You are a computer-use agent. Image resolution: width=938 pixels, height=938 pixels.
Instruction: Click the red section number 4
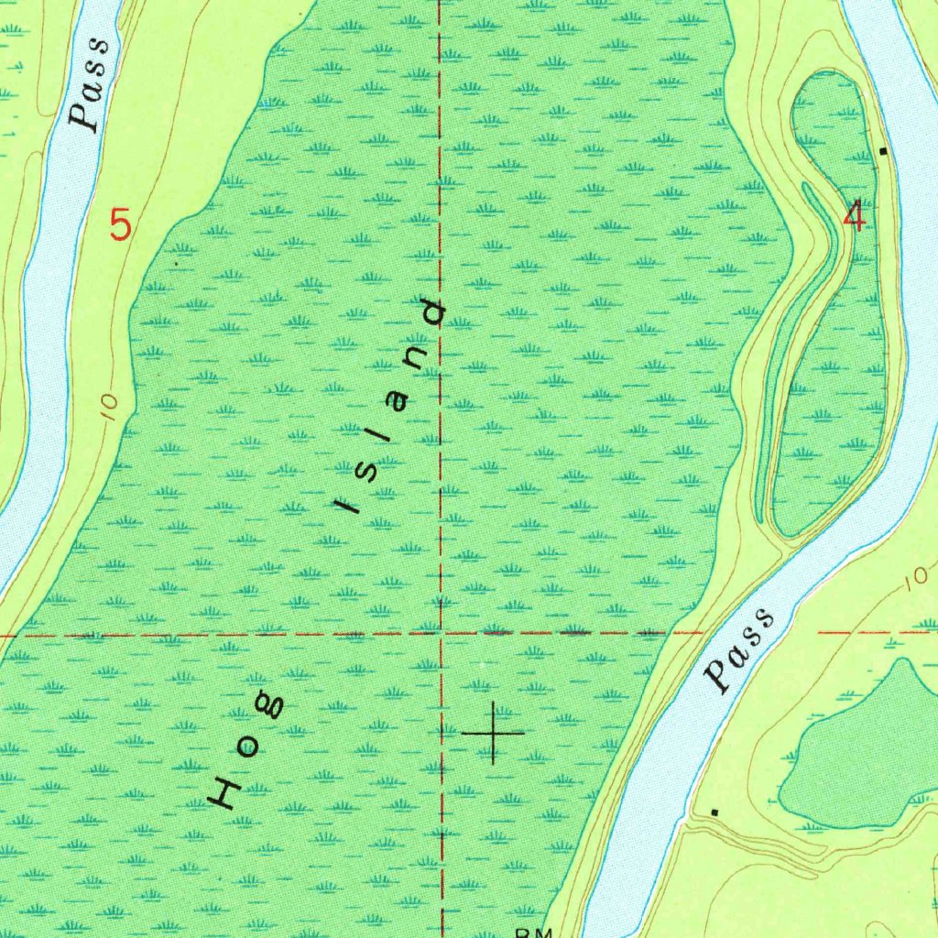pyautogui.click(x=856, y=218)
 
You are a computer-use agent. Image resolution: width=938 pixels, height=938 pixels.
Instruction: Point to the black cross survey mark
pyautogui.click(x=494, y=733)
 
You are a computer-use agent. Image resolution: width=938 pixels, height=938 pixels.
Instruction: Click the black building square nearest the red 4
pyautogui.click(x=883, y=150)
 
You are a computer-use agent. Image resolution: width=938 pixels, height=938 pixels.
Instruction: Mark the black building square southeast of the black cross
pyautogui.click(x=715, y=812)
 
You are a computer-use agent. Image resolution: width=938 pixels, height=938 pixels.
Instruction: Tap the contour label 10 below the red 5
pyautogui.click(x=108, y=406)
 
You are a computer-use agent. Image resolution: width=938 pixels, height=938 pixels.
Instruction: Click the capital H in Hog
pyautogui.click(x=224, y=791)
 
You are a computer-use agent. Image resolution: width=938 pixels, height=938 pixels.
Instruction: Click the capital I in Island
pyautogui.click(x=345, y=507)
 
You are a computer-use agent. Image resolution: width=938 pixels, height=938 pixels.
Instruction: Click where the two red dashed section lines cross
pyautogui.click(x=441, y=632)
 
